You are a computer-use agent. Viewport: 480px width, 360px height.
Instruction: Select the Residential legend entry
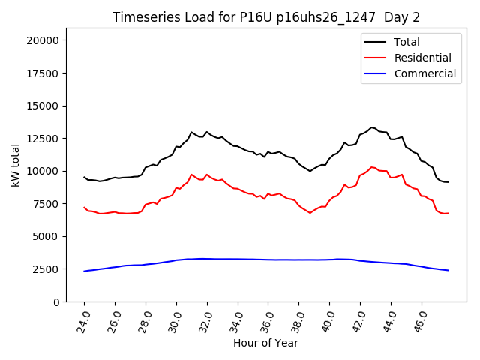pos(423,58)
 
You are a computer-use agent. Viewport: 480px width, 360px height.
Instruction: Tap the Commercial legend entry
pos(425,73)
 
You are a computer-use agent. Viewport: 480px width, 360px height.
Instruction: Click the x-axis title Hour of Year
pos(265,343)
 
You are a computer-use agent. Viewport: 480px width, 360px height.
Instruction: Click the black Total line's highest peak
pos(371,127)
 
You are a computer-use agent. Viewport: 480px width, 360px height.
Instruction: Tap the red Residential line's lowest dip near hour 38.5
pos(310,213)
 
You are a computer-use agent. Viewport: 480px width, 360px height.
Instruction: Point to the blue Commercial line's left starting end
pos(84,271)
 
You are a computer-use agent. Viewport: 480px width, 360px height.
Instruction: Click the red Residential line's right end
pos(448,214)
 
